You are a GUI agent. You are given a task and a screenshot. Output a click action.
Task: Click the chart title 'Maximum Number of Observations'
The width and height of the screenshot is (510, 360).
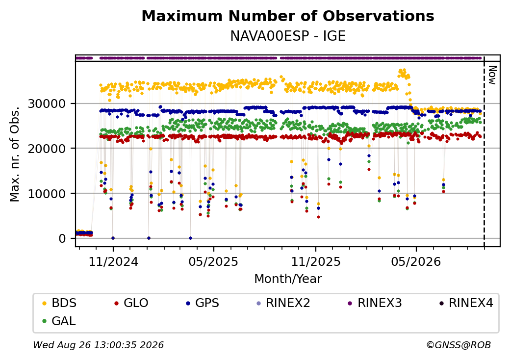[x=288, y=16]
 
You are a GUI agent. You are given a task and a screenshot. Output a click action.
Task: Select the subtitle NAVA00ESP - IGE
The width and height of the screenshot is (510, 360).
[x=288, y=36]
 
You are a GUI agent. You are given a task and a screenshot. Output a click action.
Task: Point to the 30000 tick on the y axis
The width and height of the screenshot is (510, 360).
[x=47, y=104]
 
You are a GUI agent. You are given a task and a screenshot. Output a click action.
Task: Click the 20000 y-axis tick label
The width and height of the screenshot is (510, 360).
[x=47, y=149]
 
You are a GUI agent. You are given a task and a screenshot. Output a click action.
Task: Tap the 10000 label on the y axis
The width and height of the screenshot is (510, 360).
[x=47, y=194]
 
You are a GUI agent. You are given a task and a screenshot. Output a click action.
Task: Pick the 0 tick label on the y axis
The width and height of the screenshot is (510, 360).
[x=62, y=238]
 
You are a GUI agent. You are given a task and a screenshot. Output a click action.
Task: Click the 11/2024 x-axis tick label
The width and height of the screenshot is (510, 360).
[x=113, y=261]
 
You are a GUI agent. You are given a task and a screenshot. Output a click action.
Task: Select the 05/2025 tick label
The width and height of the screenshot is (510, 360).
[x=213, y=261]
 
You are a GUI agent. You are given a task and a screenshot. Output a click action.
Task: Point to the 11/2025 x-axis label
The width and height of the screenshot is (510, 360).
[x=315, y=261]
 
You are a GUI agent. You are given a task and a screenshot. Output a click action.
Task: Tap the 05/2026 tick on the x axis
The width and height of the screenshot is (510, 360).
[x=416, y=261]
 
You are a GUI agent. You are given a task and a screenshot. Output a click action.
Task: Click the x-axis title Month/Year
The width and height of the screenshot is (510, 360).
[x=288, y=279]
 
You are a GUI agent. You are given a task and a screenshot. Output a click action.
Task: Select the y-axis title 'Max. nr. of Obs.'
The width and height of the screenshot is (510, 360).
[x=15, y=154]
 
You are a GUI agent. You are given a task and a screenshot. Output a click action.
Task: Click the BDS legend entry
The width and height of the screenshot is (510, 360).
[x=59, y=303]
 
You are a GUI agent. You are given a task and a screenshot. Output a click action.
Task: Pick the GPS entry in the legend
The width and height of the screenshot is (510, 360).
[x=203, y=303]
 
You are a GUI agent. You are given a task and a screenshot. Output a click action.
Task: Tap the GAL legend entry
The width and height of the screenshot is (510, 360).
[x=59, y=321]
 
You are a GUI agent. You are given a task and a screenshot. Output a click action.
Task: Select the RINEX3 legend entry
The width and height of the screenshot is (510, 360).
[x=375, y=303]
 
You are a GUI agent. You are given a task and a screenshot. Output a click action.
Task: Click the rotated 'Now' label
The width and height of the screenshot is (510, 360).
[x=492, y=75]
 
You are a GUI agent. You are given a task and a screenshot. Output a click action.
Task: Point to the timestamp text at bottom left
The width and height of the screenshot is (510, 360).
[x=99, y=345]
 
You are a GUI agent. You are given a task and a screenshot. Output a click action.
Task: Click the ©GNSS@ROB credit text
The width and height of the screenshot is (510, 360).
[x=459, y=345]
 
